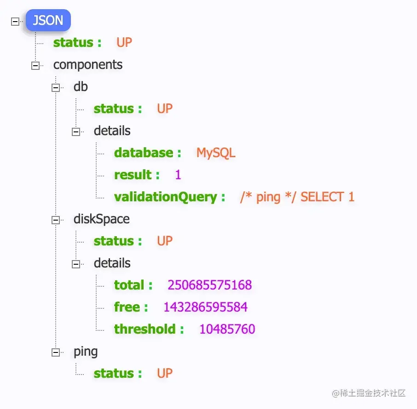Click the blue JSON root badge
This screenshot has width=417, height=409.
[48, 21]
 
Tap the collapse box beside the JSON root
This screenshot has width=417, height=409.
[15, 21]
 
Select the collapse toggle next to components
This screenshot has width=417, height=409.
[35, 66]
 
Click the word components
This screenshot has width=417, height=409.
[88, 65]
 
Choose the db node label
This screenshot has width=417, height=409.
[81, 87]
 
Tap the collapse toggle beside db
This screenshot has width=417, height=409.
[56, 88]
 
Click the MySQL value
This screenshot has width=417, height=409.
[216, 153]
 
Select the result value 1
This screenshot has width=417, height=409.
[178, 175]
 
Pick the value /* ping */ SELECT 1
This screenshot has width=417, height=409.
[297, 197]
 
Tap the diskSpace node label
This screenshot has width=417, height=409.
[101, 219]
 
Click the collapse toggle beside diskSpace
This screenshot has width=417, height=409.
[56, 220]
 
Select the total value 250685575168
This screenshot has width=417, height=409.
[209, 285]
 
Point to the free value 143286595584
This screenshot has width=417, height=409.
[205, 307]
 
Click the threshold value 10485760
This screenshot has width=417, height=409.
[227, 329]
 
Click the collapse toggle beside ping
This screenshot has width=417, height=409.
[56, 352]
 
